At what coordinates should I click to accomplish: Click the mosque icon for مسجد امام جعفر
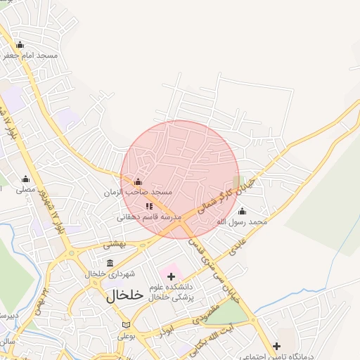point(20,44)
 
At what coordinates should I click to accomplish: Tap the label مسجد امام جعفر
point(31,55)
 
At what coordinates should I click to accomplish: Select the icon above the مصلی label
point(26,179)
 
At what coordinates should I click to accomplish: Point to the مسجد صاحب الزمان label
point(138,192)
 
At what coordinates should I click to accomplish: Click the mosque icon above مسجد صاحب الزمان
point(138,182)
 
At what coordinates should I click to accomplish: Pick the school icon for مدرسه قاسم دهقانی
point(148,207)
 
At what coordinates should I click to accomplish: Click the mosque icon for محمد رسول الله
point(243,211)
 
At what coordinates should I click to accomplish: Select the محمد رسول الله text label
point(242,221)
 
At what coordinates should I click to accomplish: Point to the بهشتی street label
point(113,245)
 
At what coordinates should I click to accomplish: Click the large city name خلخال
point(125,295)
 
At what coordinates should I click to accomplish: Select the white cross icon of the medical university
point(171,276)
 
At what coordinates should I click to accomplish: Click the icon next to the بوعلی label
point(127,325)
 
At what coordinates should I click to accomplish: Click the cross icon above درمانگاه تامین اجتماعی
point(277,346)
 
